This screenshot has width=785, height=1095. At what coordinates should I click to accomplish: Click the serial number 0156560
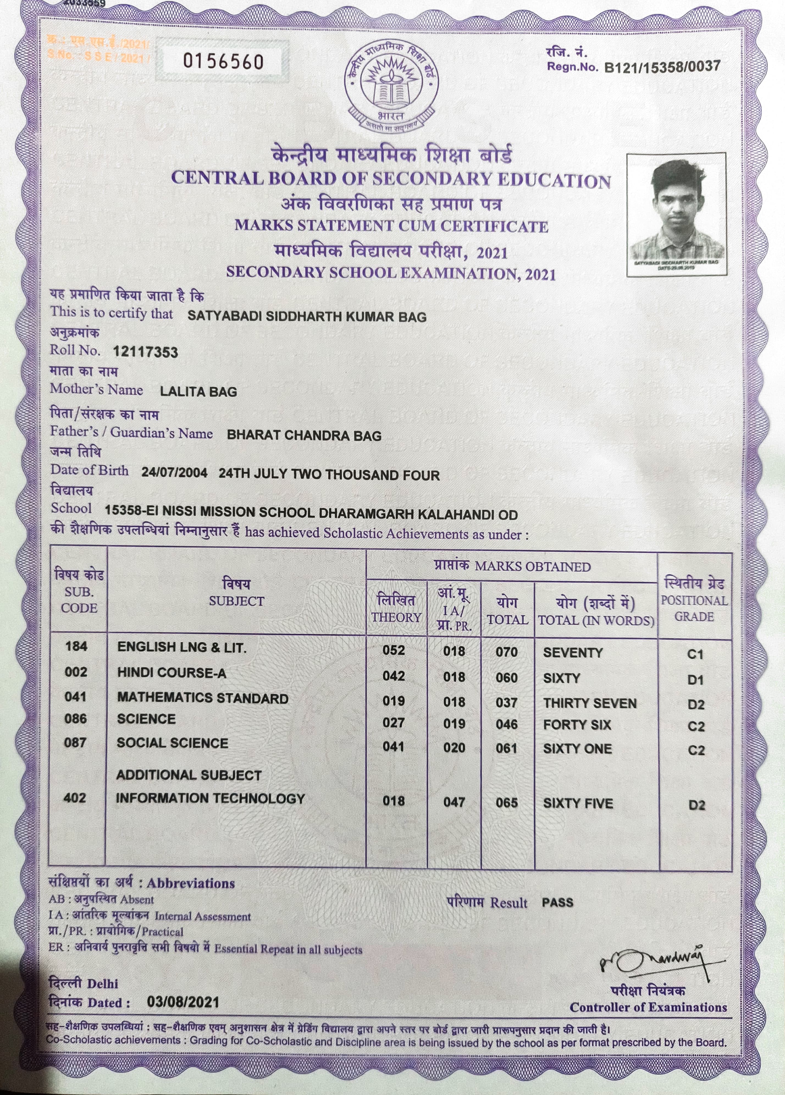pyautogui.click(x=223, y=62)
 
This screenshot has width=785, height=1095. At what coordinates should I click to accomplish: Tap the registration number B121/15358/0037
pyautogui.click(x=662, y=66)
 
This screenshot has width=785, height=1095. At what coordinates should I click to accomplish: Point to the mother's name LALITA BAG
pyautogui.click(x=198, y=392)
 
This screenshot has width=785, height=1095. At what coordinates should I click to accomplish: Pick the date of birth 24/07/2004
pyautogui.click(x=174, y=473)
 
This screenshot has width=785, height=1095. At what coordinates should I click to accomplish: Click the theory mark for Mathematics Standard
pyautogui.click(x=393, y=700)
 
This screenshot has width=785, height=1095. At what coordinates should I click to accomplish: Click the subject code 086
pyautogui.click(x=76, y=719)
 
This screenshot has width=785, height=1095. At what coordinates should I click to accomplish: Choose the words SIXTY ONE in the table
pyautogui.click(x=577, y=749)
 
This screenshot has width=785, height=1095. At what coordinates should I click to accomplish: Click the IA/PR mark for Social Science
pyautogui.click(x=454, y=748)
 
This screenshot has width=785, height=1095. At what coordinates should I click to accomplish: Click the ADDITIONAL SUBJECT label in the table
pyautogui.click(x=189, y=775)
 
